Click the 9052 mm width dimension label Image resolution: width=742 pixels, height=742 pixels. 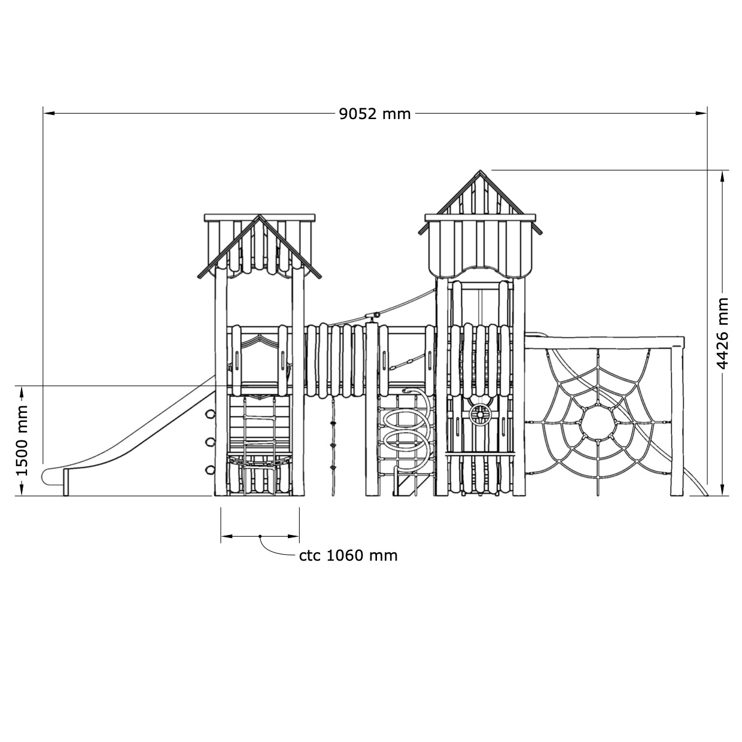point(375,114)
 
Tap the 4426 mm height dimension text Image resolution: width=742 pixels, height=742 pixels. point(722,333)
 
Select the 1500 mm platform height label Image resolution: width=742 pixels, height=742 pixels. point(23,440)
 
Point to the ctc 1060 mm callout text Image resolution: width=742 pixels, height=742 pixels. point(348,556)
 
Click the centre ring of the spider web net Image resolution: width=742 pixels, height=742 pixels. point(597,424)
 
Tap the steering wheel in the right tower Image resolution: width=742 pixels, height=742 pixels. point(480,415)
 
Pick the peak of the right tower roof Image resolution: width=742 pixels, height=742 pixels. point(480,170)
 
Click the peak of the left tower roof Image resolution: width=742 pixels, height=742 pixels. point(260,215)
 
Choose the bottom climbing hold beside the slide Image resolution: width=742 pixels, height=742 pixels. point(210,470)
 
